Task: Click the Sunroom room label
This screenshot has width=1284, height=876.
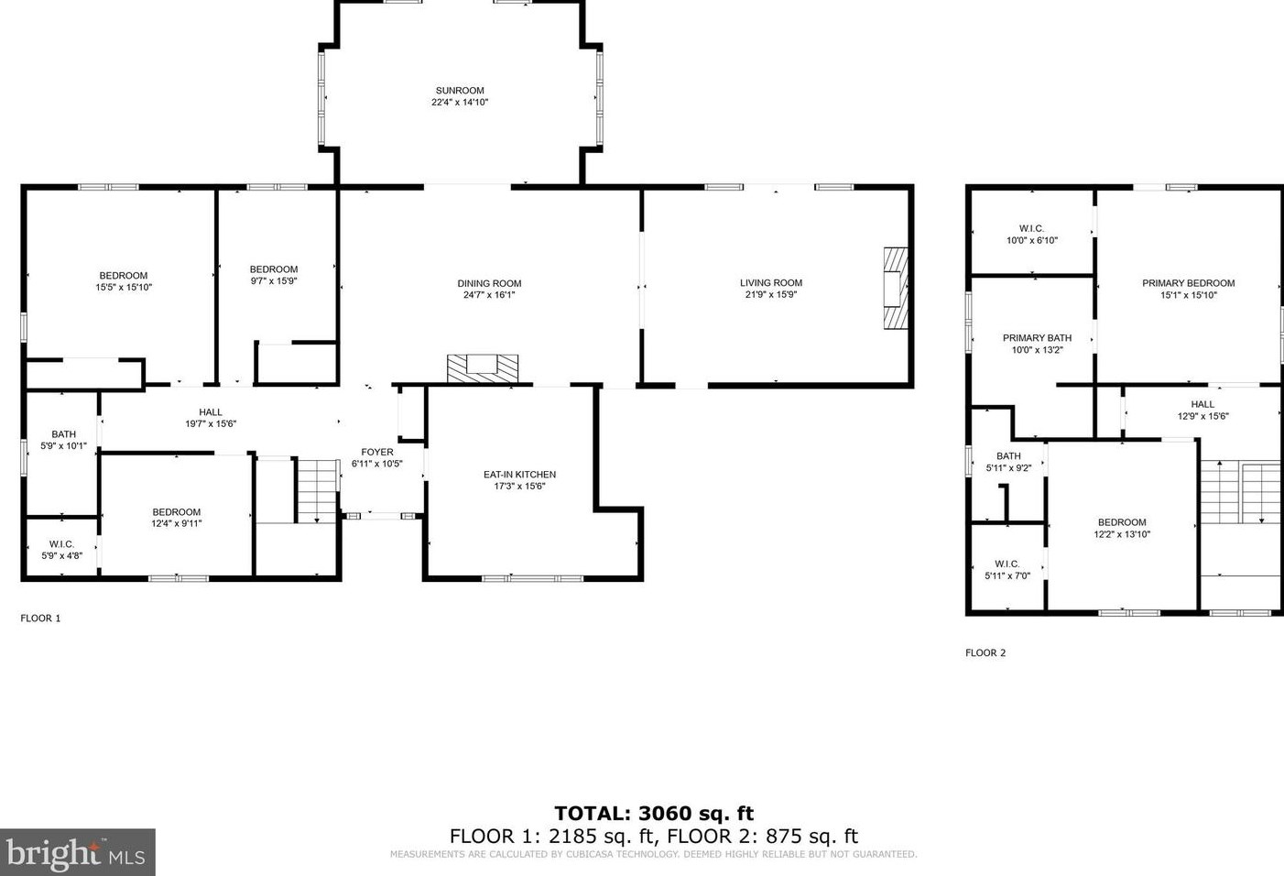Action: click(460, 91)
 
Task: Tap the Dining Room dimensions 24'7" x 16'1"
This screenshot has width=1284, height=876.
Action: click(489, 295)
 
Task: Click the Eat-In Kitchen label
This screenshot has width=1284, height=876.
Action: click(519, 475)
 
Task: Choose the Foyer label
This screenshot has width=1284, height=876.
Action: click(376, 452)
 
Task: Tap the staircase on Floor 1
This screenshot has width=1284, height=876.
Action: click(318, 490)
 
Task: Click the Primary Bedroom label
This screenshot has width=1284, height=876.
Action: click(1188, 283)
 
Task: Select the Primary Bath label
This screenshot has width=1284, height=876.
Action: click(1037, 338)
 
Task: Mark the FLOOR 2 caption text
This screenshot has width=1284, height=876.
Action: click(985, 653)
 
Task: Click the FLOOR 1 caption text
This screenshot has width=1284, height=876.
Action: click(40, 619)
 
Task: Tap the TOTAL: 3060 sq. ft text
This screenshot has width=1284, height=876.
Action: click(654, 813)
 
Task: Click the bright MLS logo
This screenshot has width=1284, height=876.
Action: click(77, 852)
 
